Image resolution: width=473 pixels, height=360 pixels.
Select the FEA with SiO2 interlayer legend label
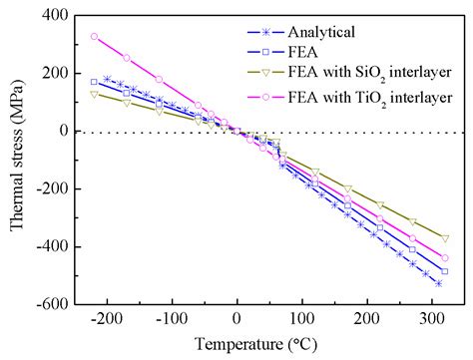pyautogui.click(x=379, y=71)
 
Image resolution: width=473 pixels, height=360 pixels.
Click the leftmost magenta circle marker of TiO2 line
pyautogui.click(x=94, y=37)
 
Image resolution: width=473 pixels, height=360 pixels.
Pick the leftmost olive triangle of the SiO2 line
pyautogui.click(x=94, y=94)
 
